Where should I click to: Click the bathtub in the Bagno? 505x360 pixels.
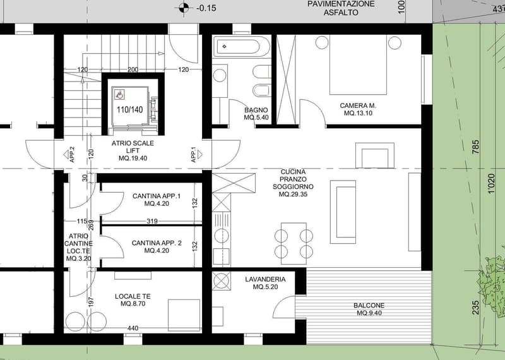pyautogui.click(x=242, y=47)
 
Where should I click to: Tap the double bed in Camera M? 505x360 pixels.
pyautogui.click(x=358, y=65)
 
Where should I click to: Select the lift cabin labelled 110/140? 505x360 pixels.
pyautogui.click(x=130, y=106)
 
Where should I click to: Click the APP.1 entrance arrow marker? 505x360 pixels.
pyautogui.click(x=199, y=155)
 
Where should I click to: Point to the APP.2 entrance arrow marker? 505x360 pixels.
pyautogui.click(x=66, y=155)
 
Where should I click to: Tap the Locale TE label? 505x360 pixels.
pyautogui.click(x=133, y=300)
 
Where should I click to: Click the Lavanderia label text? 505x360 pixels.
pyautogui.click(x=265, y=283)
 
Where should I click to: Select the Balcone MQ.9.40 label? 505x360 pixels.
pyautogui.click(x=369, y=309)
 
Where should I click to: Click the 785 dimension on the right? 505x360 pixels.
pyautogui.click(x=476, y=147)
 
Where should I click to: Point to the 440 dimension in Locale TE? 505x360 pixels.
pyautogui.click(x=133, y=328)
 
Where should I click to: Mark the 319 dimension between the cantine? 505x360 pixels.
pyautogui.click(x=152, y=222)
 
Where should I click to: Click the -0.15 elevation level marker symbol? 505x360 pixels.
pyautogui.click(x=184, y=8)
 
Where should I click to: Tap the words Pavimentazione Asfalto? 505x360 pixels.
pyautogui.click(x=341, y=8)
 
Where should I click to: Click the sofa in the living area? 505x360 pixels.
pyautogui.click(x=343, y=212)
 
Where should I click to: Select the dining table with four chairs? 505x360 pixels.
pyautogui.click(x=294, y=243)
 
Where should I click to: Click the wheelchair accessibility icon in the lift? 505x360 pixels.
pyautogui.click(x=120, y=95)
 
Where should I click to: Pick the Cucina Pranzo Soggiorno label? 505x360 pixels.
pyautogui.click(x=293, y=183)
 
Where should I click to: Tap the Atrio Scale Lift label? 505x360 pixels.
pyautogui.click(x=133, y=150)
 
